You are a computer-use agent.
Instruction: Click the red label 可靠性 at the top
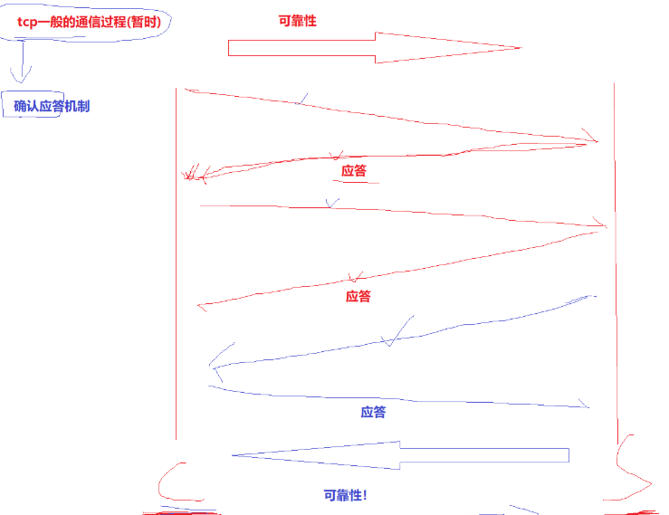[298, 20]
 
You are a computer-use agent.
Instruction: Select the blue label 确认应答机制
[52, 106]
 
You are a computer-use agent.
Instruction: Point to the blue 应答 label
[373, 412]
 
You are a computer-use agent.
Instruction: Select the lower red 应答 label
[358, 296]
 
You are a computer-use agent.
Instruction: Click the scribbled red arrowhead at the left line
[192, 173]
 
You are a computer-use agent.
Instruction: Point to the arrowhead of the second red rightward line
[600, 224]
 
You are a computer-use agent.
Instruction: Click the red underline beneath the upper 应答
[354, 182]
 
